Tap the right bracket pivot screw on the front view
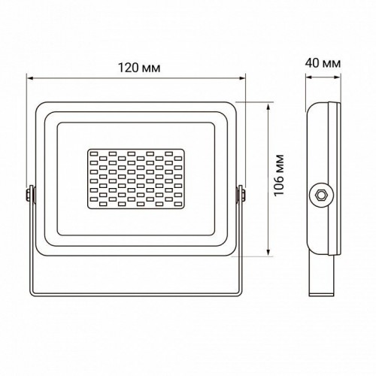tap(242, 195)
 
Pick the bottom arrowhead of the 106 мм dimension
tap(268, 254)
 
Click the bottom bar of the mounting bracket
tap(136, 291)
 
